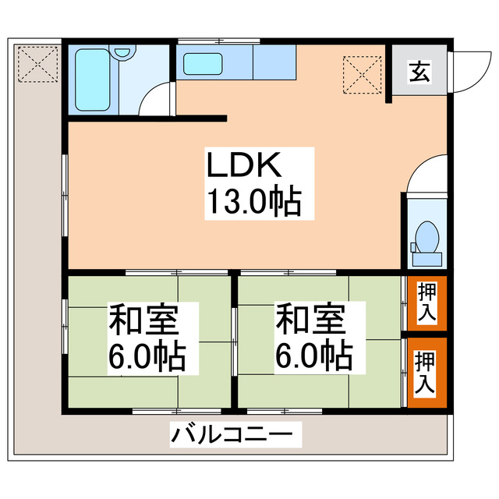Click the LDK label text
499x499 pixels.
pos(242,166)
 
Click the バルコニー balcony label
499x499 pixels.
pos(233,434)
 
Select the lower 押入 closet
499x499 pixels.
pos(426,372)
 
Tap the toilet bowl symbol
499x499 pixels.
pos(426,234)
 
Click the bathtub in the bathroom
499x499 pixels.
pos(92,80)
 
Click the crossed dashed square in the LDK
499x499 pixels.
pos(363,73)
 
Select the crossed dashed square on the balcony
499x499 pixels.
pos(37,62)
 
